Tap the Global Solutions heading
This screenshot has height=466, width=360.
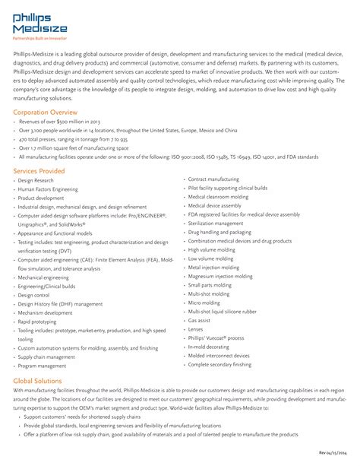coord(38,379)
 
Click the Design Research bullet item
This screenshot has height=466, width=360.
coord(36,181)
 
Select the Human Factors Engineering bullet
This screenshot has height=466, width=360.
coord(48,189)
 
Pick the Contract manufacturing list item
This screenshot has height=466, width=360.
coord(213,179)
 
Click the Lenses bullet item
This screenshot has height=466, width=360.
coord(196,329)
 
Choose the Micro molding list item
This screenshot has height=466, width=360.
coord(204,302)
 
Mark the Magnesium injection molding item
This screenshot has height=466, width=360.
coord(220,276)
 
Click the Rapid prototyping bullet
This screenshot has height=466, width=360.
coord(39,321)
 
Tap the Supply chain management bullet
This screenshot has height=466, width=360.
coord(47,357)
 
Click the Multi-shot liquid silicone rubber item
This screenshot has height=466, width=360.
coord(223,311)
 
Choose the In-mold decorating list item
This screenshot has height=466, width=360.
coord(209,347)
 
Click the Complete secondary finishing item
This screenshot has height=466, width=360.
coord(219,364)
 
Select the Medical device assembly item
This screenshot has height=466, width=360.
coord(215,205)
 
